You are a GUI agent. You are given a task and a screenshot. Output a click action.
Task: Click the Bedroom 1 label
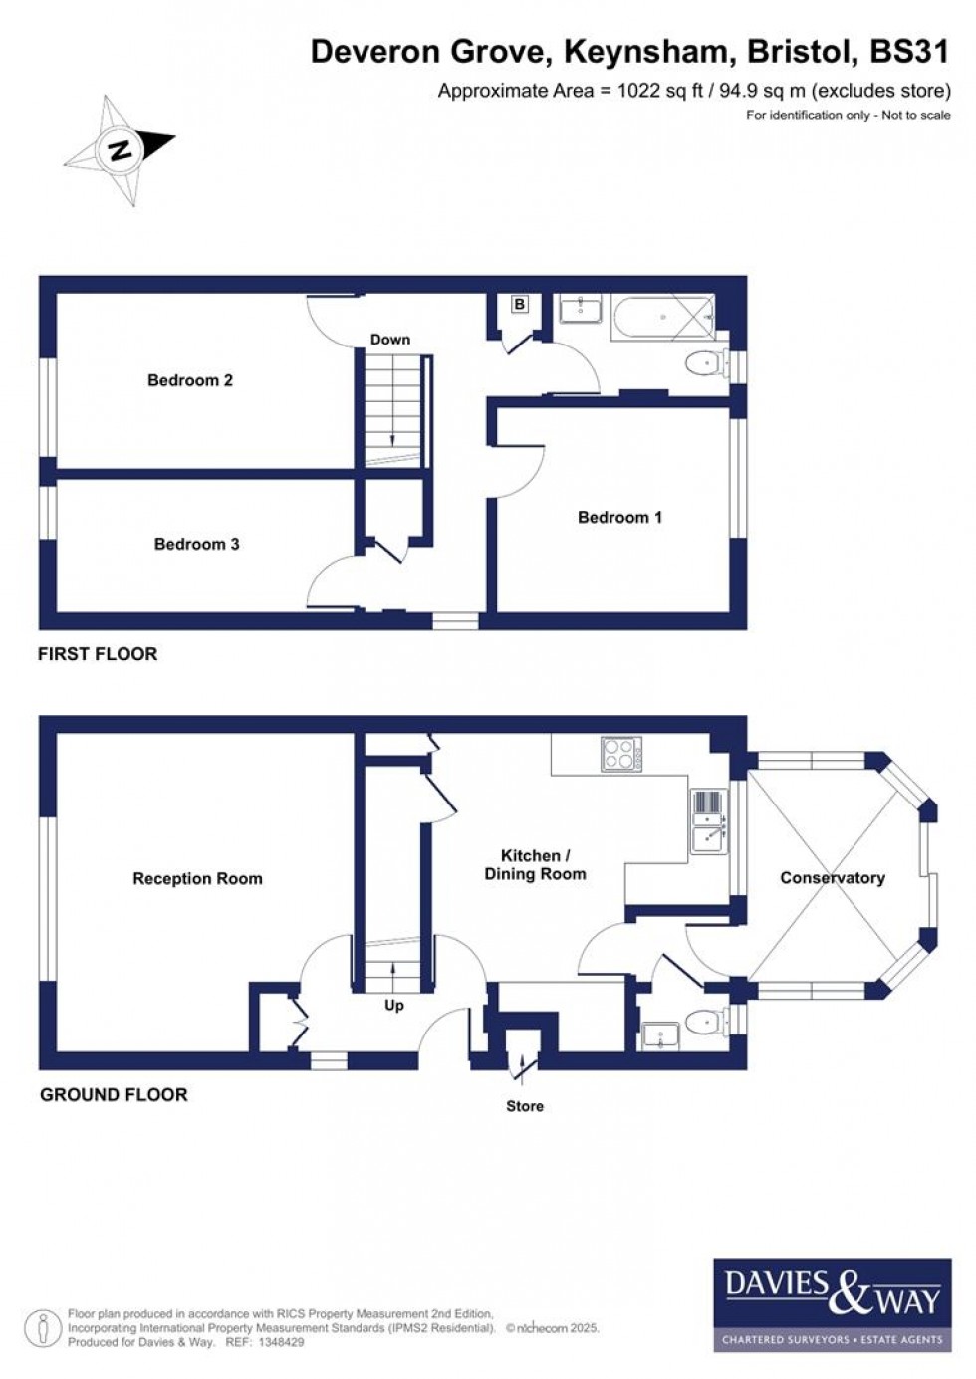tap(619, 517)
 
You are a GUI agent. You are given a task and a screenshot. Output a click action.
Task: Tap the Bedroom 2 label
tap(189, 380)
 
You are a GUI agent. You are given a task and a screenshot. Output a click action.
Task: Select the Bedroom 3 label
tap(196, 544)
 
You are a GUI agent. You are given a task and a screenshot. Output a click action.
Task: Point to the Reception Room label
tap(197, 878)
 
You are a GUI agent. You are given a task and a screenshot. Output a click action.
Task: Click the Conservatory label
tap(832, 877)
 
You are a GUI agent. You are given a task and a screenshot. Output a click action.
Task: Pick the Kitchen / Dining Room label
tap(535, 864)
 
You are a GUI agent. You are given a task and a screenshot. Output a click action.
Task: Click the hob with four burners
tap(621, 754)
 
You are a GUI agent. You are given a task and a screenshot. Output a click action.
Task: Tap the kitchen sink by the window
tap(709, 822)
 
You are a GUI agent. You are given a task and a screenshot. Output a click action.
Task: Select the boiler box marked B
tap(520, 304)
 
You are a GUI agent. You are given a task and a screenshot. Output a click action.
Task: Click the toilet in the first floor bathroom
tap(703, 364)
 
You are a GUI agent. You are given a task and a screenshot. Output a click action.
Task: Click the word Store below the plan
tap(525, 1106)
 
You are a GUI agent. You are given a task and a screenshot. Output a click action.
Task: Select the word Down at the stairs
tap(390, 340)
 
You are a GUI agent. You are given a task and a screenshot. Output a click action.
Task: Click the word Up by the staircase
tap(394, 1006)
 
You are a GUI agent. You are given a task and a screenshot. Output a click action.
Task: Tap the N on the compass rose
tap(121, 151)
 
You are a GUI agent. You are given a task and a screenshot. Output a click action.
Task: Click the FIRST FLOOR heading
tap(98, 654)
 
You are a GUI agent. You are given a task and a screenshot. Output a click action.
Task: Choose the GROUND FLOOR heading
tap(114, 1095)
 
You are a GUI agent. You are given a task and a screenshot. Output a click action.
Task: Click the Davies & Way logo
tap(832, 1304)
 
